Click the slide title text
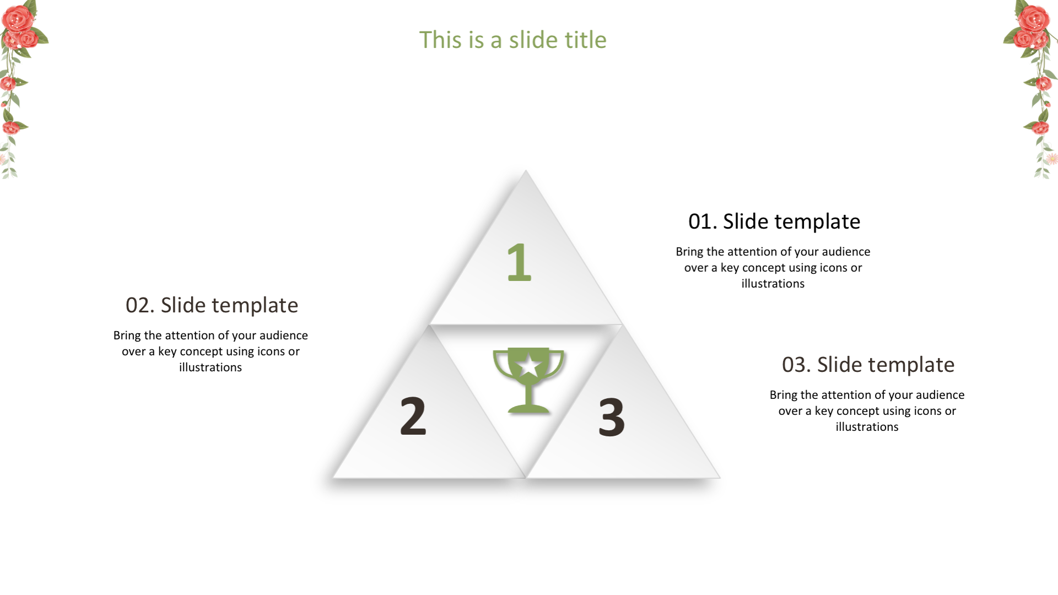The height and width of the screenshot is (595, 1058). pyautogui.click(x=512, y=40)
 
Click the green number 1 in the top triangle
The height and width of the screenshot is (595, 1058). pyautogui.click(x=519, y=262)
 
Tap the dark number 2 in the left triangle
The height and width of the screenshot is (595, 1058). pyautogui.click(x=413, y=416)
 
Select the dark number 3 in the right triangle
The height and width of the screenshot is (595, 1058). pyautogui.click(x=612, y=418)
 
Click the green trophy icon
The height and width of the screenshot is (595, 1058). pyautogui.click(x=528, y=380)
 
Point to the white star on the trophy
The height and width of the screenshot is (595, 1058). pyautogui.click(x=529, y=365)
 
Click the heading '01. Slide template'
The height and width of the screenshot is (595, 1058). pyautogui.click(x=774, y=221)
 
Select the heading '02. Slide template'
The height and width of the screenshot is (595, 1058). pyautogui.click(x=212, y=305)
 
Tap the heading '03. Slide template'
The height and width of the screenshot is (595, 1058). pyautogui.click(x=868, y=365)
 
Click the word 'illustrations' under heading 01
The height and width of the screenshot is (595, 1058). pyautogui.click(x=773, y=284)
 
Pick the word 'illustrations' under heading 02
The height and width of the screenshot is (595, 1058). pyautogui.click(x=210, y=367)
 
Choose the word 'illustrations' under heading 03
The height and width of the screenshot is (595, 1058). pyautogui.click(x=867, y=427)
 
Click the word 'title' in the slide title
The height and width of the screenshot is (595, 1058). pyautogui.click(x=585, y=40)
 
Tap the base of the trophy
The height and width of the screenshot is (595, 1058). pyautogui.click(x=528, y=408)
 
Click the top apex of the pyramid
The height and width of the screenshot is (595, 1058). pyautogui.click(x=526, y=170)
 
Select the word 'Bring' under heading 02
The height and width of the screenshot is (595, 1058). pyautogui.click(x=127, y=336)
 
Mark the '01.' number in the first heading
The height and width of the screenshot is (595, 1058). pyautogui.click(x=703, y=221)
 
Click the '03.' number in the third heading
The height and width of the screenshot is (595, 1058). pyautogui.click(x=797, y=365)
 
